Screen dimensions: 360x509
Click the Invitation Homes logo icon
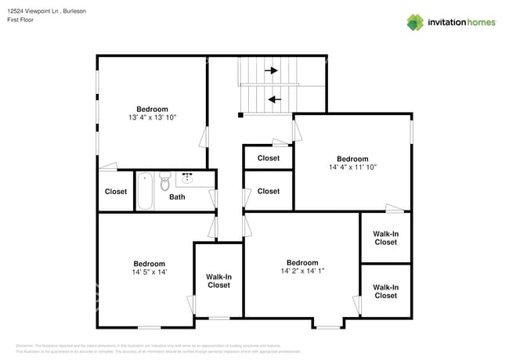pyautogui.click(x=415, y=22)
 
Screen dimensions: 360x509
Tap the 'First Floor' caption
pyautogui.click(x=21, y=20)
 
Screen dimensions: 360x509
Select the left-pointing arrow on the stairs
pyautogui.click(x=273, y=99)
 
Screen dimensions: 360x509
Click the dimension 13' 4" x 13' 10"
pyautogui.click(x=151, y=117)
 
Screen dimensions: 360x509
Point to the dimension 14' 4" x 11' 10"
pyautogui.click(x=352, y=167)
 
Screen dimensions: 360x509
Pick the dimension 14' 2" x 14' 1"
pyautogui.click(x=301, y=271)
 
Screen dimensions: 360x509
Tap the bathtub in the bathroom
pyautogui.click(x=146, y=191)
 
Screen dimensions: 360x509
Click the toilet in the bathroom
pyautogui.click(x=164, y=183)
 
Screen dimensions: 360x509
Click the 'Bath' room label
pyautogui.click(x=177, y=197)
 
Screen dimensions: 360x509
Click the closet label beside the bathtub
pyautogui.click(x=116, y=192)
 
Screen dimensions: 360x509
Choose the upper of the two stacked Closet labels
pyautogui.click(x=268, y=158)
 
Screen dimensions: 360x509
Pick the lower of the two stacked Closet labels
pyautogui.click(x=268, y=191)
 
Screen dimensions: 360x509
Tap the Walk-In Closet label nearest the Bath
pyautogui.click(x=218, y=281)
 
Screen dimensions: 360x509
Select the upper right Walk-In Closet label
pyautogui.click(x=385, y=238)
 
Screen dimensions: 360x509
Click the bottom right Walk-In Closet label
pyautogui.click(x=385, y=291)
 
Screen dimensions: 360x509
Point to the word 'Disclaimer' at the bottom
pyautogui.click(x=25, y=345)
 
